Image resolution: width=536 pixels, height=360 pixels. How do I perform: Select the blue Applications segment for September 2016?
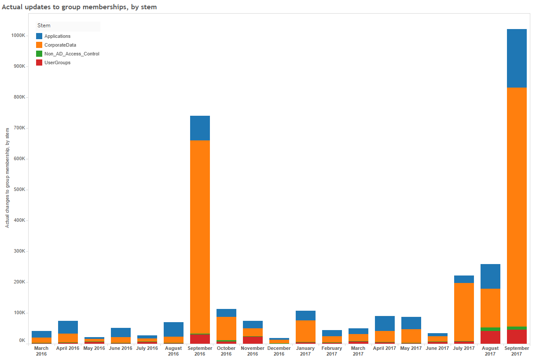(200, 128)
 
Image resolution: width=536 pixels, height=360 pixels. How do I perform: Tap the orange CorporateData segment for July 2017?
(464, 312)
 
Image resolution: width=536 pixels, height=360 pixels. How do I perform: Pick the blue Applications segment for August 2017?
(490, 276)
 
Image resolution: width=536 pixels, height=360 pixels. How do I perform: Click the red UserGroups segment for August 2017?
(490, 337)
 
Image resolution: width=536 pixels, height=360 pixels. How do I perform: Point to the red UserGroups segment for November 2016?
(253, 340)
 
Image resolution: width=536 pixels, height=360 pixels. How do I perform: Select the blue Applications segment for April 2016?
(68, 327)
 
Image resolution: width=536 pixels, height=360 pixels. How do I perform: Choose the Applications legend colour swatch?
(39, 36)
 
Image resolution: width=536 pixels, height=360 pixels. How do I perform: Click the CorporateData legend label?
(60, 45)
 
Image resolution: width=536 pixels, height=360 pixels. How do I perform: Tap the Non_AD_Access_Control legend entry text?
(72, 54)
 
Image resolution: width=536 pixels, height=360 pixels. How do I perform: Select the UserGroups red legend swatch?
(39, 62)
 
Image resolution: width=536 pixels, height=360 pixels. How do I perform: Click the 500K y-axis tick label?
(19, 190)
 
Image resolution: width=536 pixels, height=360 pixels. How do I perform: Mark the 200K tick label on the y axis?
(19, 282)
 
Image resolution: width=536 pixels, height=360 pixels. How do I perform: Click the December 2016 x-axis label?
(279, 351)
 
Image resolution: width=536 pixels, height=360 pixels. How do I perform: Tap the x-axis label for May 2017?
(411, 348)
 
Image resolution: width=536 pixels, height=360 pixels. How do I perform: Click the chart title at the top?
(80, 7)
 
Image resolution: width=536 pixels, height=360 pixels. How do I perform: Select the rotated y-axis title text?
(7, 178)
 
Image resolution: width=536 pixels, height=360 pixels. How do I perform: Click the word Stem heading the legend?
(44, 26)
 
